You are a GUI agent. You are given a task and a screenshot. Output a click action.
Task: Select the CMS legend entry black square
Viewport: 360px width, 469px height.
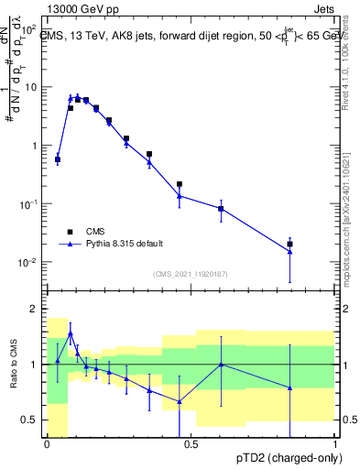[x=70, y=231]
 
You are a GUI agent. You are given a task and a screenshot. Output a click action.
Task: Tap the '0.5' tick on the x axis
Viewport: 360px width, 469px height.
[x=191, y=444]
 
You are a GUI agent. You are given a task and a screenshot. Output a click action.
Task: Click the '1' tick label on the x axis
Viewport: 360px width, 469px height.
[x=334, y=444]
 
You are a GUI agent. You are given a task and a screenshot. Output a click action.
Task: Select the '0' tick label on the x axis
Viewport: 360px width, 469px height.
[x=47, y=444]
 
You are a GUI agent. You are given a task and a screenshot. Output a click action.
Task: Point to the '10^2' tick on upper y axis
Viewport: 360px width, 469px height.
[x=28, y=29]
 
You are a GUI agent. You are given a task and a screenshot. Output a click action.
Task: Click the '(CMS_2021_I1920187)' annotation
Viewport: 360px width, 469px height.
[x=190, y=273]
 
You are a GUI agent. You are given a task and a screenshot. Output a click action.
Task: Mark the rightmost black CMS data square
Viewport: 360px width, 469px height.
[x=289, y=244]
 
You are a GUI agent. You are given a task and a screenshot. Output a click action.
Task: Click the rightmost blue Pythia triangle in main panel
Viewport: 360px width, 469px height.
[x=289, y=252]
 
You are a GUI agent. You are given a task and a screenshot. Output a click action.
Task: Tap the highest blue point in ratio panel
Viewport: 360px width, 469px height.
[x=71, y=334]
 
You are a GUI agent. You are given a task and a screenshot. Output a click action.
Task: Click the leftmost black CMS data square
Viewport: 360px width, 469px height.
[x=58, y=159]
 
